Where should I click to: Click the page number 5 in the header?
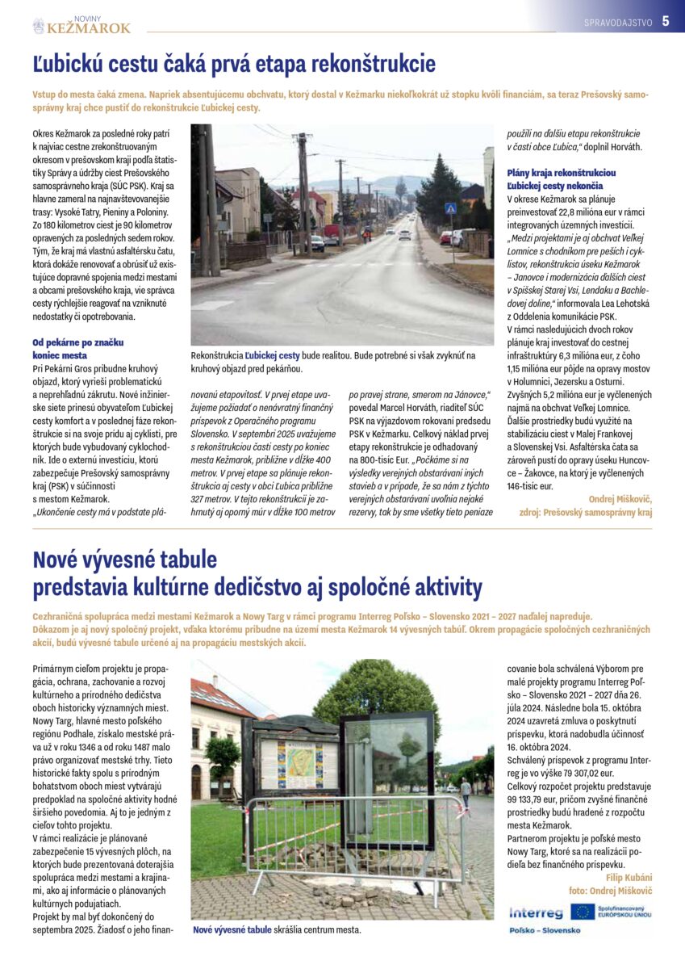tap(666, 22)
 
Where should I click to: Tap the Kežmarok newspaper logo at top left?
tap(81, 26)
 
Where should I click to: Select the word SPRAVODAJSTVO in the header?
tap(618, 23)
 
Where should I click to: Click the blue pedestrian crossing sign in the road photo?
tap(450, 208)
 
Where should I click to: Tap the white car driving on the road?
tap(404, 235)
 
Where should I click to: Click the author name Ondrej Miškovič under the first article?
tap(620, 500)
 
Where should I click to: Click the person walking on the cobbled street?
tap(466, 791)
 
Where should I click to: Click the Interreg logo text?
tap(536, 913)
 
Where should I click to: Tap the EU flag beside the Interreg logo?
tap(582, 912)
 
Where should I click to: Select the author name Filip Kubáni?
tap(628, 878)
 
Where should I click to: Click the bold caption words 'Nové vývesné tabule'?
tap(232, 929)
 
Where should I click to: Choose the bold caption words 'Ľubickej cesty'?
tap(273, 355)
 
